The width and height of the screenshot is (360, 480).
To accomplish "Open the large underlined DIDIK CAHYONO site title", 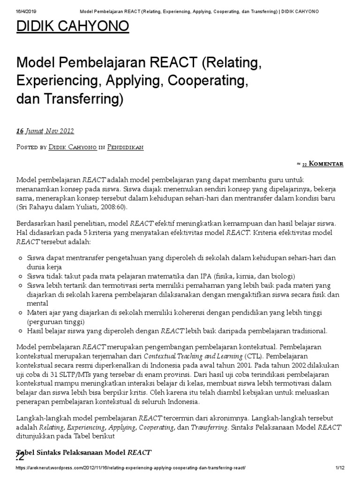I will tap(73, 27).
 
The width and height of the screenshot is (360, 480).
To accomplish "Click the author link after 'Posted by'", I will tap(73, 147).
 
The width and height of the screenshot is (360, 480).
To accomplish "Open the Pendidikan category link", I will tap(125, 147).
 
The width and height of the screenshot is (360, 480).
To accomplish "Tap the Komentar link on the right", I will tap(326, 164).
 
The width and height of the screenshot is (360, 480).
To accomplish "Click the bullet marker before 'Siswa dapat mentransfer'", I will tap(20, 258).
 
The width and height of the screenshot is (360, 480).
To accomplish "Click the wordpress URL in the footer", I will tap(131, 468).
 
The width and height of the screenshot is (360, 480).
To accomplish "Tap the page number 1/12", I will tap(340, 468).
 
